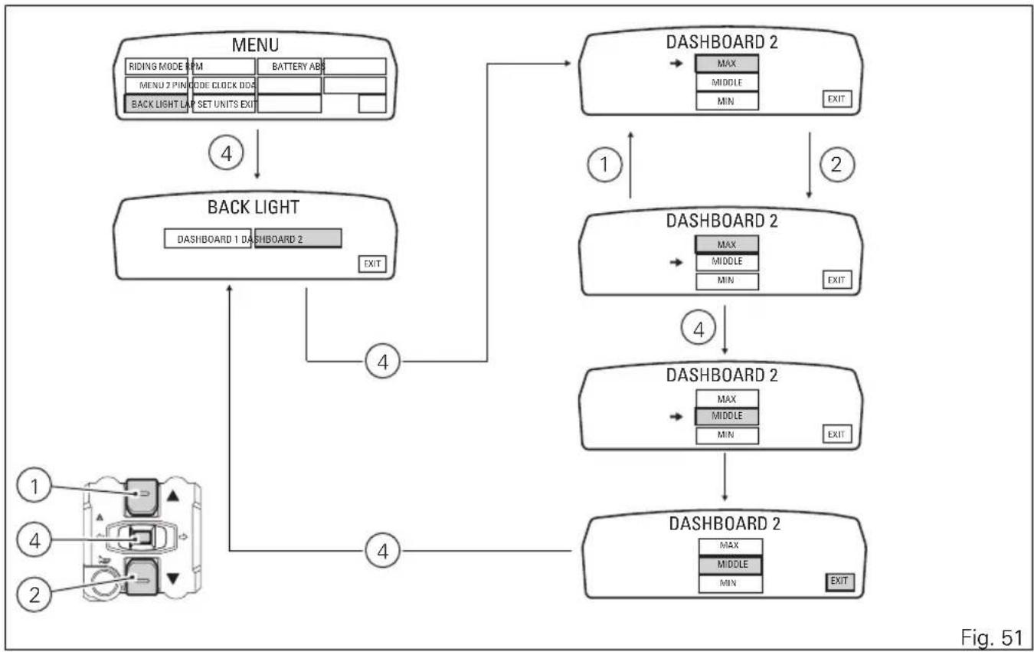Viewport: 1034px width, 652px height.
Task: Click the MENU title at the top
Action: [255, 44]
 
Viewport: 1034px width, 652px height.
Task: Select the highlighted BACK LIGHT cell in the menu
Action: [156, 104]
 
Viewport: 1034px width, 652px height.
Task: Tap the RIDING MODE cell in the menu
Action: [156, 66]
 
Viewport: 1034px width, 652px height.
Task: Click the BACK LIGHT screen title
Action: [254, 207]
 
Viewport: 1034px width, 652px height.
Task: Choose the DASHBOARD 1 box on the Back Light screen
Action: [208, 239]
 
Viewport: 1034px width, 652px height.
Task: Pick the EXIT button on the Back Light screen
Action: [372, 264]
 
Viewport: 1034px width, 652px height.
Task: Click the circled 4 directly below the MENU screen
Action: [226, 152]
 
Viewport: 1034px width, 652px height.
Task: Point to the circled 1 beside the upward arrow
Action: [605, 165]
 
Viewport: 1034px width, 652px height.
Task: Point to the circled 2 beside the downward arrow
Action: [837, 165]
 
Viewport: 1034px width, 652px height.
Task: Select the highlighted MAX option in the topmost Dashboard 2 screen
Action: [727, 64]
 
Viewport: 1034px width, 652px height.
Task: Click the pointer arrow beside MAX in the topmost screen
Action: [676, 64]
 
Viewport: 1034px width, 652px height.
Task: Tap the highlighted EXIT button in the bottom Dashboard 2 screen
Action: [839, 582]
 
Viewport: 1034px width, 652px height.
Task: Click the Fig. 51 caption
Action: [992, 637]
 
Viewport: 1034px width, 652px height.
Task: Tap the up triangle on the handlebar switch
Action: [173, 496]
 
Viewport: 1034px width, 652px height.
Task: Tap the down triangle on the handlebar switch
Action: [173, 578]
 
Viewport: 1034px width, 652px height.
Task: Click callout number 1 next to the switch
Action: [34, 485]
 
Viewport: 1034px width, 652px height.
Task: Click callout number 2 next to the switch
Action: [34, 595]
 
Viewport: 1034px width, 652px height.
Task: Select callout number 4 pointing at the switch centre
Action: [34, 540]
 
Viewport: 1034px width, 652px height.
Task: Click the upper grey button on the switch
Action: [142, 496]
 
